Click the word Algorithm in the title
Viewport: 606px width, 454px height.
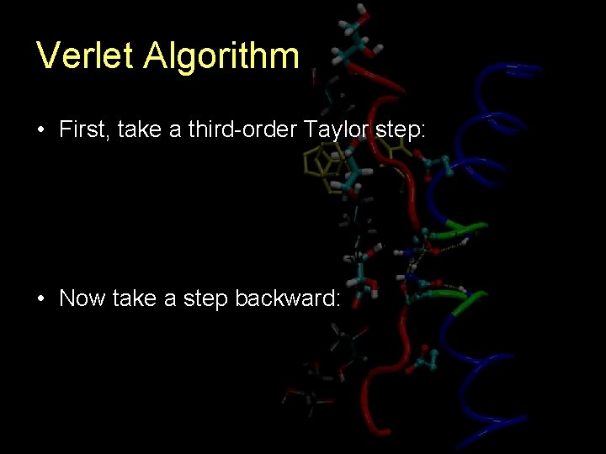click(221, 56)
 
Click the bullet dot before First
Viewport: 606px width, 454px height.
click(40, 130)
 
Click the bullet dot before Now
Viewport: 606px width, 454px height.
click(40, 298)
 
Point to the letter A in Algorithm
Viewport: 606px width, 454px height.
click(156, 56)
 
